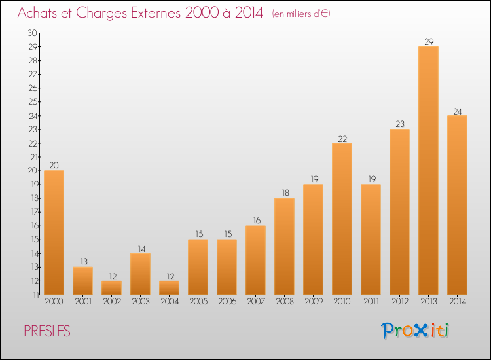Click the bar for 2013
point(428,170)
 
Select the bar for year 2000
point(54,232)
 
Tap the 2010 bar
point(342,219)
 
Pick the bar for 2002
point(111,287)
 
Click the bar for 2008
point(284,246)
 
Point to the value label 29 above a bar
point(428,42)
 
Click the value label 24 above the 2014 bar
point(457,111)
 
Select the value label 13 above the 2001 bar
point(82,262)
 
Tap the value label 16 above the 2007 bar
point(255,221)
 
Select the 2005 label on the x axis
point(198,303)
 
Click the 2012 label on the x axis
point(399,303)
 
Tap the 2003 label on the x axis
point(140,303)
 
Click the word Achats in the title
point(41,13)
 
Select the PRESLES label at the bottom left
point(47,331)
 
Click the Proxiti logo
point(415,331)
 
